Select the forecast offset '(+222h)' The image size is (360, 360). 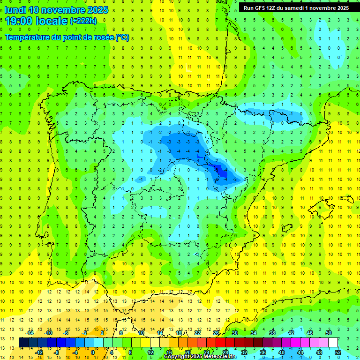[83, 21]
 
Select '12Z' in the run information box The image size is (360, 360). [273, 8]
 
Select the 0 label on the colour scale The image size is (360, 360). [92, 352]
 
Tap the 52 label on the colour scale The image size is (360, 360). [337, 352]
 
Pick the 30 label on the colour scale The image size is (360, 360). [234, 333]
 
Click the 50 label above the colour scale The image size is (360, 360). [328, 333]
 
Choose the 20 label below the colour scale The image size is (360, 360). [187, 352]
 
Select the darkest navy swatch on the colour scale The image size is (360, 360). [23, 343]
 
